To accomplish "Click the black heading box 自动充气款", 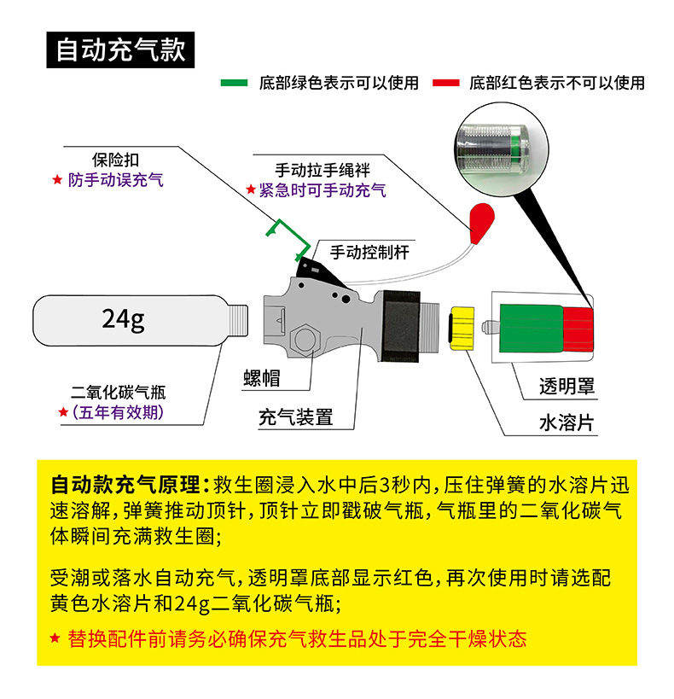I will pyautogui.click(x=119, y=49).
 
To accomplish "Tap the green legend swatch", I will pyautogui.click(x=235, y=83).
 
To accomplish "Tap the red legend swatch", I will pyautogui.click(x=447, y=83).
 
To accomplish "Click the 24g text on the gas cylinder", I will pyautogui.click(x=124, y=318).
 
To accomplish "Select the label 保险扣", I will pyautogui.click(x=115, y=160).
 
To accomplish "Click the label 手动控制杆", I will pyautogui.click(x=369, y=252).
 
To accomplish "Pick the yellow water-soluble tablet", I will pyautogui.click(x=463, y=327).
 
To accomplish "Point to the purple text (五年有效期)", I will pyautogui.click(x=118, y=413).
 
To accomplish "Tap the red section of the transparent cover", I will pyautogui.click(x=578, y=329).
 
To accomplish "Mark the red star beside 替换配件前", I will pyautogui.click(x=55, y=638).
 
